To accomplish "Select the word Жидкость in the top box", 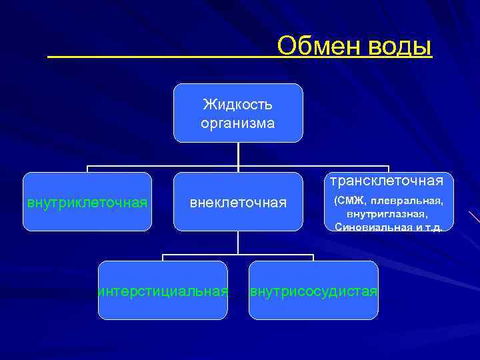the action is tap(238, 105).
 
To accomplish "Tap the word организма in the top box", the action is tap(238, 123).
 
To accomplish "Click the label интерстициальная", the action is tap(163, 291).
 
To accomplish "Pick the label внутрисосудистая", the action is tap(313, 291).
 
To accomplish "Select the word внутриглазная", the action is tap(387, 214).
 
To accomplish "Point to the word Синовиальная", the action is tap(370, 227).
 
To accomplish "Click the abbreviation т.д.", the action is tap(433, 227).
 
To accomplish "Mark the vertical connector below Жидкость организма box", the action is tap(238, 154).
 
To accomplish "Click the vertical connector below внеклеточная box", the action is tap(238, 243).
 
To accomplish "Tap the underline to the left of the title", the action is tap(160, 57).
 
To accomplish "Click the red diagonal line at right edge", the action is tap(475, 217).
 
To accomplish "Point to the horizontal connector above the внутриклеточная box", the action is tap(133, 166).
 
